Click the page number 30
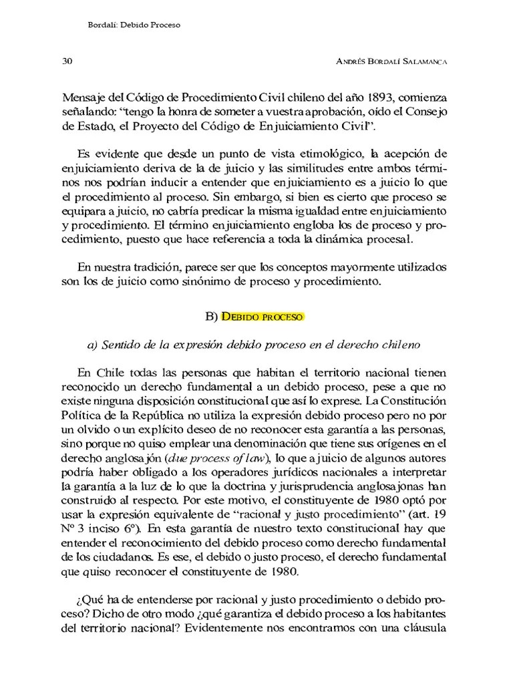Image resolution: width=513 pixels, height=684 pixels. [67, 60]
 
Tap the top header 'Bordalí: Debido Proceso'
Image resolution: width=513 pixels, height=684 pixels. [135, 24]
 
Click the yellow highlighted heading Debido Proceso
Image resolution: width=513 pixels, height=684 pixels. [263, 316]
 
